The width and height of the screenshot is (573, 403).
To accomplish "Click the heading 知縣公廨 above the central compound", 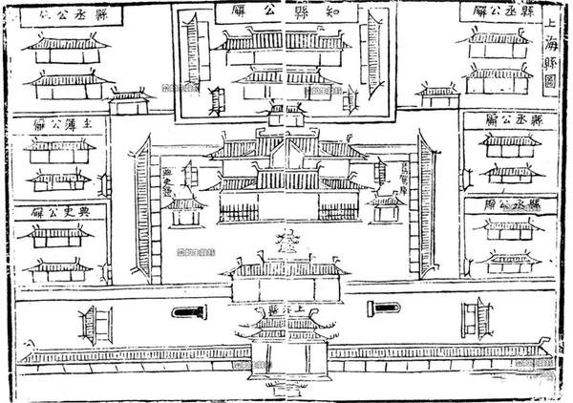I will point(286,11).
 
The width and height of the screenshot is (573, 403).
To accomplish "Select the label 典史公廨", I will point(59,211).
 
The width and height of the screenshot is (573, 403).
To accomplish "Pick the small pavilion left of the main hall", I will point(185,210).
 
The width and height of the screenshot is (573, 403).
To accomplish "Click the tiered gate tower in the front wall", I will point(286,339).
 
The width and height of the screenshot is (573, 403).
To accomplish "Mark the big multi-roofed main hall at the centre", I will point(286,172).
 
